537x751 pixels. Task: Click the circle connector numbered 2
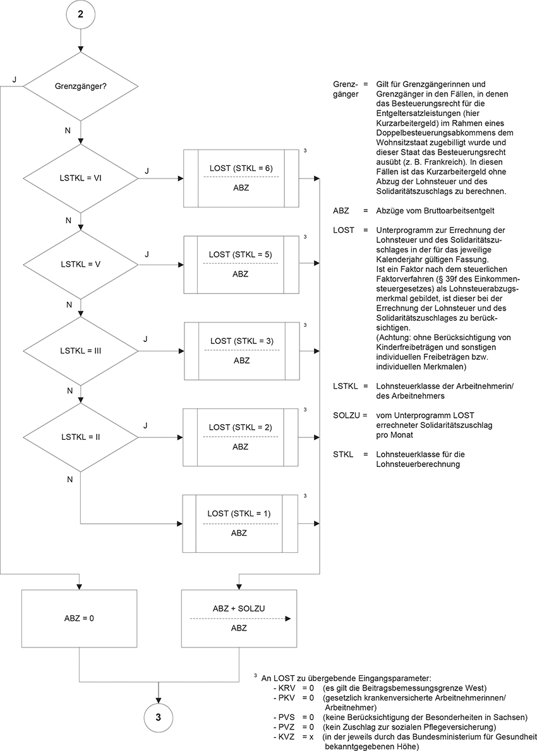pos(80,16)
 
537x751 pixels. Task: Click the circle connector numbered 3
pos(159,717)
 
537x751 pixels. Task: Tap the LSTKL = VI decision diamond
pos(80,179)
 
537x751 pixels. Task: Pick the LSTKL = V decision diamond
pos(80,264)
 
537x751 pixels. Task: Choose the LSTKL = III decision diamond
pos(80,350)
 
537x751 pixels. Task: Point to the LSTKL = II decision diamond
pos(80,436)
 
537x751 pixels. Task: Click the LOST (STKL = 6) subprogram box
pos(241,178)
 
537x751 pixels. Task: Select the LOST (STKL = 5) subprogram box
pos(241,264)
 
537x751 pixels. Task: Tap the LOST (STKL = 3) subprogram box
pos(241,350)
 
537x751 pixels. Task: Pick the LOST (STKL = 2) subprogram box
pos(241,436)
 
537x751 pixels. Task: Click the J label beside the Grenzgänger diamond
pos(15,80)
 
